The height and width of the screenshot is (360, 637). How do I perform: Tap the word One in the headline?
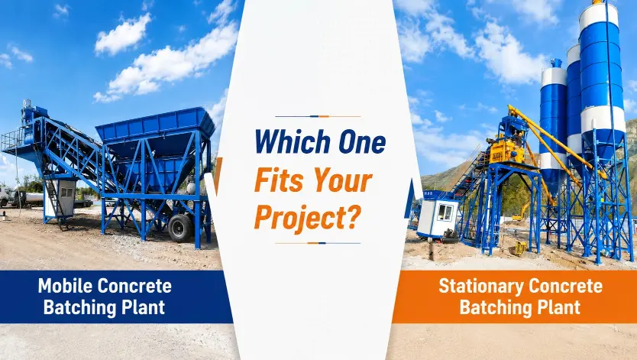point(362,142)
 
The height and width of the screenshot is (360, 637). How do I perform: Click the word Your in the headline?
point(342,180)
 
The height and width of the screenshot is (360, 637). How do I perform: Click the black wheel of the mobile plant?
point(180,229)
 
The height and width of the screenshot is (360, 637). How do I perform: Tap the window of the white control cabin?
point(445,212)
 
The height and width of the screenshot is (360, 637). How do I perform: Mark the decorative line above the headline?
point(318,117)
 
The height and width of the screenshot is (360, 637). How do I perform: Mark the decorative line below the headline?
point(318,243)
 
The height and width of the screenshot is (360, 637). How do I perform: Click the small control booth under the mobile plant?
point(61,198)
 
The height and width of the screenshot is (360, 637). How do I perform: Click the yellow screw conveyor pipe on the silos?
point(556,140)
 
